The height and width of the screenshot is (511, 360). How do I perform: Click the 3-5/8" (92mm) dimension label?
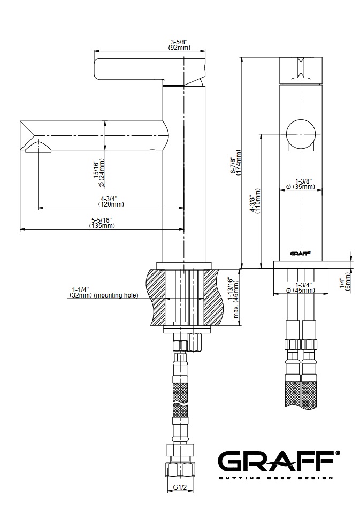(179, 44)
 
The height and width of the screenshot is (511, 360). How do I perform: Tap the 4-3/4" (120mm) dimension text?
(111, 201)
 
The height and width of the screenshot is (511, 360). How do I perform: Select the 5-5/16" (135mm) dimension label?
(102, 223)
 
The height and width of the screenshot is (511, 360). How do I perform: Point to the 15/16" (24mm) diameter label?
(98, 174)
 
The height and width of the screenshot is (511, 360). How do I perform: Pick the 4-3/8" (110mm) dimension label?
(255, 201)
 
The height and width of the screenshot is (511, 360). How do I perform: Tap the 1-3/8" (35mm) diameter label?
(301, 184)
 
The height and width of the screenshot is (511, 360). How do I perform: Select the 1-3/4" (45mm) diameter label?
(301, 287)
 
